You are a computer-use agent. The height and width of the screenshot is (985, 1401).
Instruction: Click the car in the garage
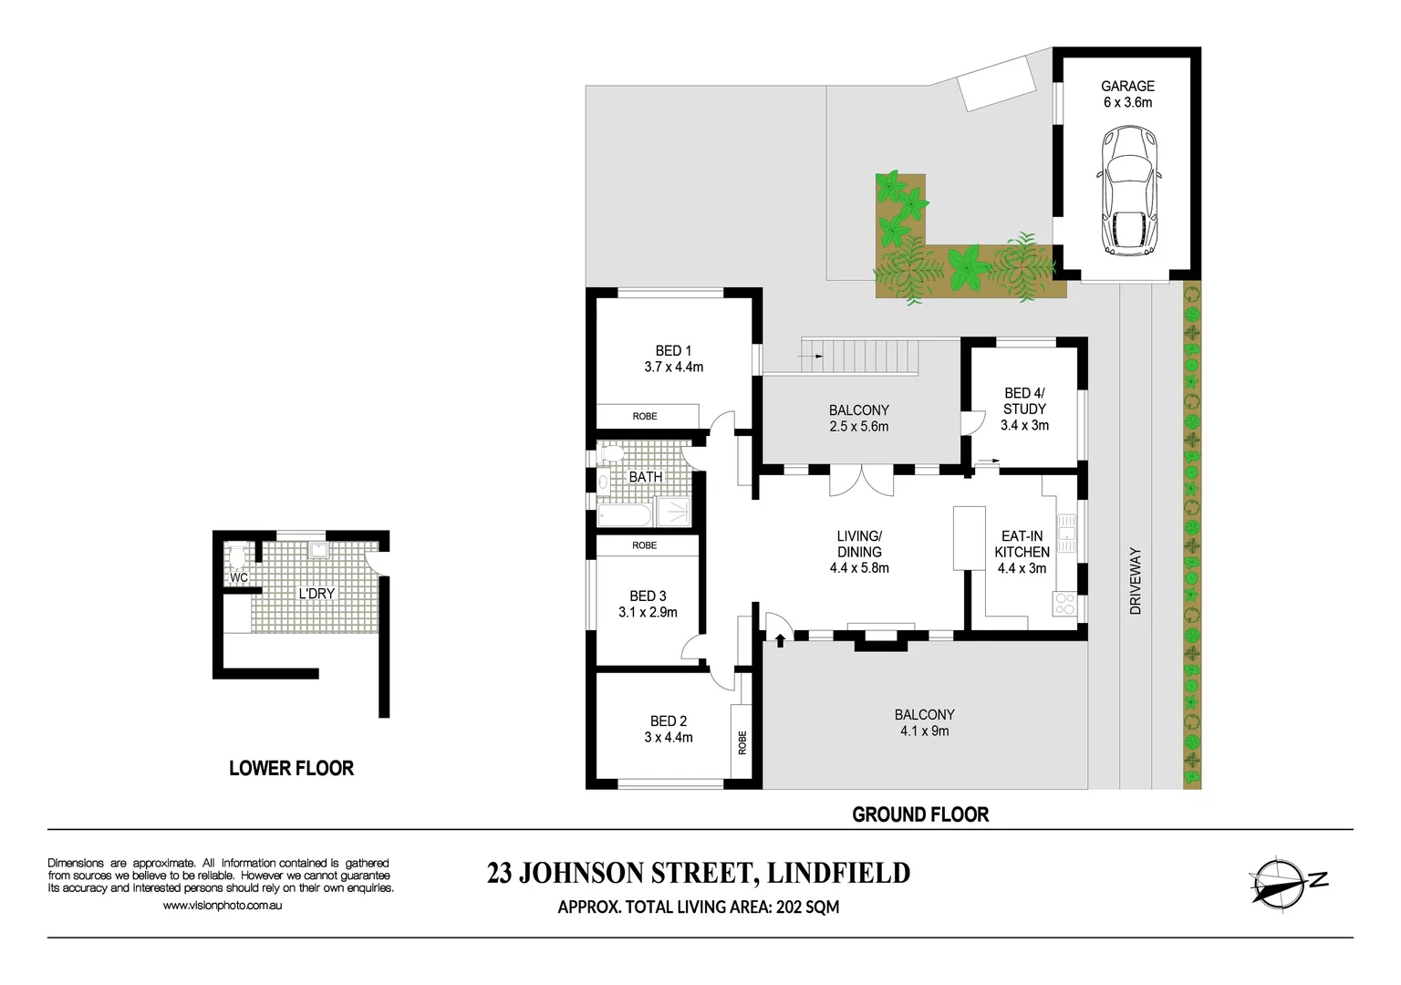[x=1128, y=190]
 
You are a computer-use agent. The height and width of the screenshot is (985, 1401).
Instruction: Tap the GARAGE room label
[x=1127, y=87]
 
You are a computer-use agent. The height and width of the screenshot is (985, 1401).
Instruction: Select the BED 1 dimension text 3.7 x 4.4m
[x=674, y=368]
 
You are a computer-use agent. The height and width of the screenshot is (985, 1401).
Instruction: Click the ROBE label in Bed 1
[x=645, y=416]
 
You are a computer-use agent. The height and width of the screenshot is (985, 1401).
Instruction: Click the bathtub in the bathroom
[x=625, y=516]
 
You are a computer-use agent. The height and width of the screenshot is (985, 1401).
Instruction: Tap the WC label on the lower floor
[x=238, y=578]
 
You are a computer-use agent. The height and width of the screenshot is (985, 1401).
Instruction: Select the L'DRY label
[x=317, y=593]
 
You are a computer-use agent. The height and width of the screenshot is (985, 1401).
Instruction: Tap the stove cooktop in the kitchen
[x=1064, y=604]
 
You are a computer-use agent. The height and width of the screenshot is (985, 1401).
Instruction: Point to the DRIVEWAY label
[x=1136, y=581]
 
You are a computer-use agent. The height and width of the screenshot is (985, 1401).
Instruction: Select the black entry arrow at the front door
[x=780, y=640]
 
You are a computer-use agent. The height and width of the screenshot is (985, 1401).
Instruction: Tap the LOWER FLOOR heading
[x=292, y=768]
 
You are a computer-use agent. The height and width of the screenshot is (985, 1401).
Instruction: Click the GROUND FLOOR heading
[x=920, y=814]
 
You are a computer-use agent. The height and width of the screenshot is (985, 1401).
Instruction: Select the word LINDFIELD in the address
[x=838, y=873]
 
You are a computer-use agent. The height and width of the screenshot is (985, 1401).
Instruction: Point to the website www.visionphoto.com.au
[x=223, y=905]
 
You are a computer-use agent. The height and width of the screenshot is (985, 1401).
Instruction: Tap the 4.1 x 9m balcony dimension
[x=924, y=731]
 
